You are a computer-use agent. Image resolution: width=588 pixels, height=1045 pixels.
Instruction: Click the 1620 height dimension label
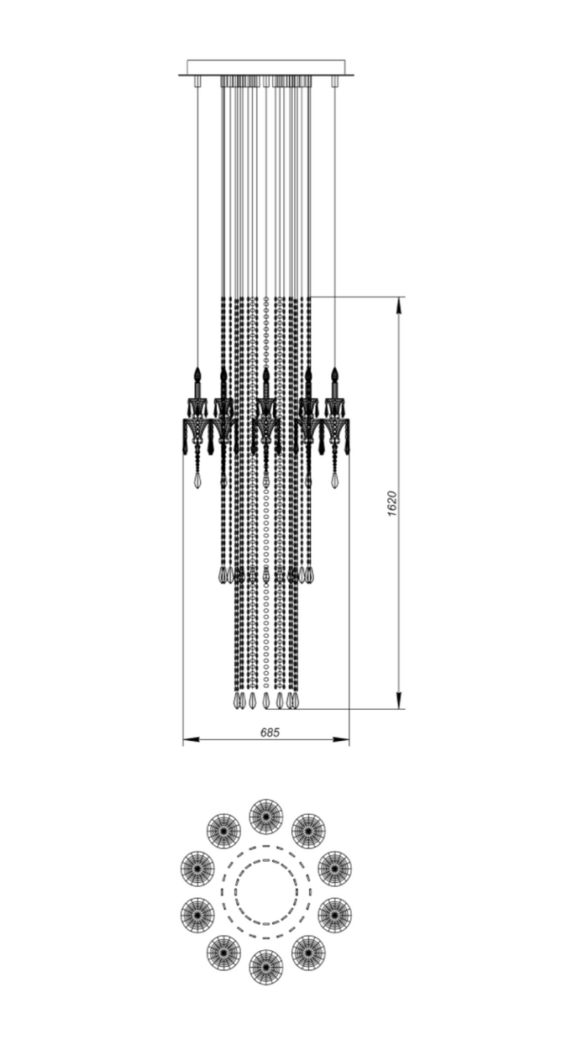click(x=392, y=503)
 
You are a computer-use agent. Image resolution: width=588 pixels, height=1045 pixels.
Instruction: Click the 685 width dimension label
click(x=270, y=733)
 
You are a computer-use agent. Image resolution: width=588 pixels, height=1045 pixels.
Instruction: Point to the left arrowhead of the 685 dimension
click(x=192, y=739)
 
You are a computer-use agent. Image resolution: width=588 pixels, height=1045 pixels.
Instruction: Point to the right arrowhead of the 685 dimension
click(x=341, y=739)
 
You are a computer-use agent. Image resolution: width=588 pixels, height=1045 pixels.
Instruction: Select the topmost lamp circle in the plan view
click(x=266, y=817)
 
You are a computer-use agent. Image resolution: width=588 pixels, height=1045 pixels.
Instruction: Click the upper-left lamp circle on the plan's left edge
click(x=197, y=869)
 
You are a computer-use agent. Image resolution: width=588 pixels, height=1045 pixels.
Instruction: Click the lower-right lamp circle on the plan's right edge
click(x=334, y=915)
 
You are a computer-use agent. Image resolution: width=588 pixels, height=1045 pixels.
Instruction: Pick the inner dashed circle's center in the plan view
click(x=266, y=891)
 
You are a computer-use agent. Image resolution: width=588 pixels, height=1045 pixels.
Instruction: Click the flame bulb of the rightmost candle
click(x=334, y=374)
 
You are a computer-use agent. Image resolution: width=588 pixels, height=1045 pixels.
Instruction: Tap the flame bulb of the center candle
click(x=266, y=374)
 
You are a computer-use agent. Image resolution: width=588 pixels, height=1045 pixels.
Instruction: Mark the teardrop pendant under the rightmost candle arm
click(x=334, y=480)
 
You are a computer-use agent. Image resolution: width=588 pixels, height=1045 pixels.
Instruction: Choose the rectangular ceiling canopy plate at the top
click(x=266, y=68)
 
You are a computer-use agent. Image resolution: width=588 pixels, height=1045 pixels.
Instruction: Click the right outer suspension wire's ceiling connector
click(x=334, y=81)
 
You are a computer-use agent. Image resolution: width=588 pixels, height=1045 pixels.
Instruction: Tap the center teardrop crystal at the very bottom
click(x=266, y=701)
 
